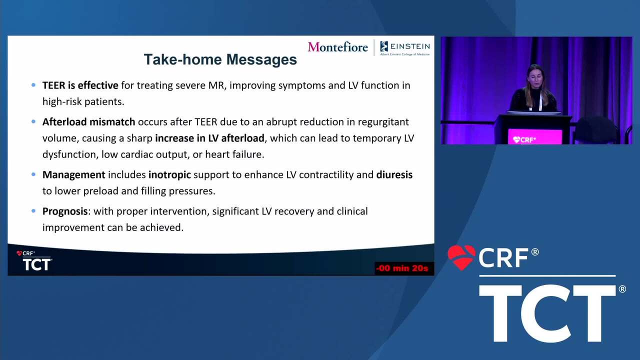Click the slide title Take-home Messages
tap(220, 59)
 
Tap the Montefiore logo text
tap(337, 47)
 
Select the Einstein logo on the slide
tap(405, 48)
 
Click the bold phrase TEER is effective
tap(80, 85)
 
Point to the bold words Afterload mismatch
tap(88, 121)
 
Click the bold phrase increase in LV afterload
tap(209, 138)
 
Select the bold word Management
tap(73, 174)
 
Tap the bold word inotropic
tap(169, 174)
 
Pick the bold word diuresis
tap(394, 174)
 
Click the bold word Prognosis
tap(65, 211)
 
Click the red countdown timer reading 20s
tap(402, 268)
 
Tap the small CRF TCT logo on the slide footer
tap(34, 260)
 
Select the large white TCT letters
tap(547, 313)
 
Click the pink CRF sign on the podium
tap(534, 137)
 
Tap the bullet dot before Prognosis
tap(33, 211)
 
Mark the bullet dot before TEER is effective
tap(33, 85)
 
